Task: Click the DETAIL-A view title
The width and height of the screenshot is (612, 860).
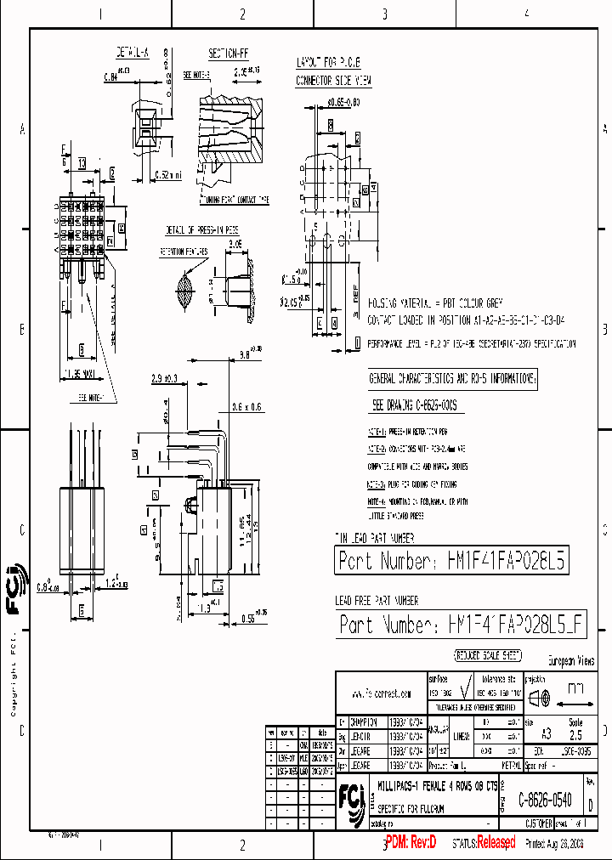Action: (x=133, y=53)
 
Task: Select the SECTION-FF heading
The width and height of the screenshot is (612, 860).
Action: (x=228, y=53)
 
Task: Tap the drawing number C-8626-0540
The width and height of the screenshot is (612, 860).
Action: (x=545, y=801)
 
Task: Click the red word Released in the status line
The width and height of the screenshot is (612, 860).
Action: (x=496, y=842)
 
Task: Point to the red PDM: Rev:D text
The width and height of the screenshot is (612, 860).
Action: (x=411, y=842)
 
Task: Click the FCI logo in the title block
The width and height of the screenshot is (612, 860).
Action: (x=350, y=799)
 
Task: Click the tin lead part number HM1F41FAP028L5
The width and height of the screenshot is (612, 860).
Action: (x=450, y=561)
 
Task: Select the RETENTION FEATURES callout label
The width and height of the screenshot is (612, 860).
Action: (x=184, y=252)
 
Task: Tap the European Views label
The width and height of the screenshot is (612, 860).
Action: (x=569, y=660)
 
